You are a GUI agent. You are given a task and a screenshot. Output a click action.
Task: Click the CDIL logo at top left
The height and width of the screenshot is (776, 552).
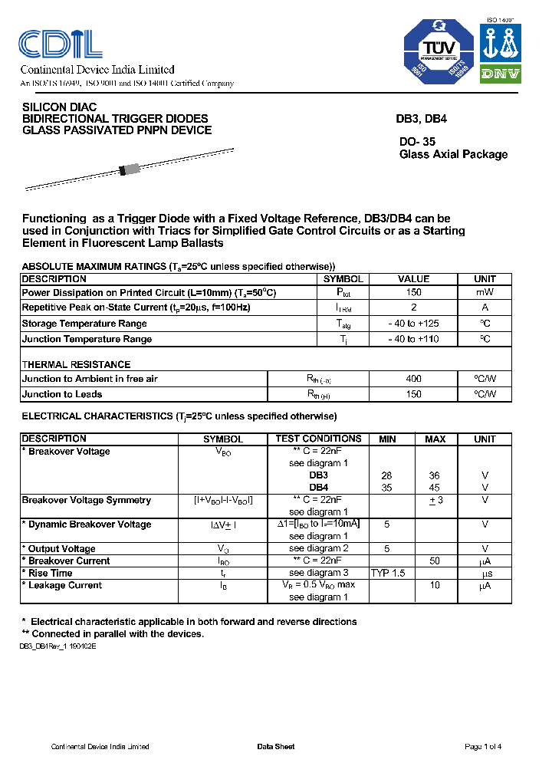pos(61,44)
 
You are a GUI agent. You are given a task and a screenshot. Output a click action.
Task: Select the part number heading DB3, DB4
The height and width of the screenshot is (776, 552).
pos(421,120)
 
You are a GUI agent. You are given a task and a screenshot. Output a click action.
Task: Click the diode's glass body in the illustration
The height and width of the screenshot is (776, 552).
pos(130,169)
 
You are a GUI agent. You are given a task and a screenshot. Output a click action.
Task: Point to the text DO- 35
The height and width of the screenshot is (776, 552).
pos(417,141)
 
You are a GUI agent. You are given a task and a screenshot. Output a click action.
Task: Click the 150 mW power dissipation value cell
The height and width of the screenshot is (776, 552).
pos(413,293)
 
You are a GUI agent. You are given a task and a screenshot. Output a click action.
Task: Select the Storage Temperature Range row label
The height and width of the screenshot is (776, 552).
pos(84,324)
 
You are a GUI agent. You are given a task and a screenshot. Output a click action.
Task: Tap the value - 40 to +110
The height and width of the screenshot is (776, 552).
pos(413,339)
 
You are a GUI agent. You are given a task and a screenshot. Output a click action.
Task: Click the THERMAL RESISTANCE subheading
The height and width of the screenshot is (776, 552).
pos(76,364)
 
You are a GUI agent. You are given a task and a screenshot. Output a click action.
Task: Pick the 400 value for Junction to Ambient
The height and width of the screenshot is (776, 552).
pos(413,379)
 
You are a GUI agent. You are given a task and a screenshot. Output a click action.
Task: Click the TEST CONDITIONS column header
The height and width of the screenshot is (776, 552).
pos(318,439)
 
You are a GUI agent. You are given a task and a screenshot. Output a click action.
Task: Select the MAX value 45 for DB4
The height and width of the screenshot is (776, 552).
pos(435,487)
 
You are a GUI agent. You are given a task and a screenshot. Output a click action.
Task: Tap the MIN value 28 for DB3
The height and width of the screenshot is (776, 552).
pos(387,475)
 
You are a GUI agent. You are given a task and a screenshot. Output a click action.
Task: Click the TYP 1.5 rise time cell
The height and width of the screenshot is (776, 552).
pos(388,573)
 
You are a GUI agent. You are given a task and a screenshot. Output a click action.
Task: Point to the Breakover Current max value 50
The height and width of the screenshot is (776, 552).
pos(435,561)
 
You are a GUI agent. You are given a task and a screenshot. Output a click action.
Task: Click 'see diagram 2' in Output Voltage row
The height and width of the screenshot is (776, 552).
pos(318,548)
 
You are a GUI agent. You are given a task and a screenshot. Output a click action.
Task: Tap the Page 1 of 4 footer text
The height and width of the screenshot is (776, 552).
pos(483,747)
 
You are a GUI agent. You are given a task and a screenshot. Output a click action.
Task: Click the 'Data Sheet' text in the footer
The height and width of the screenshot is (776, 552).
pos(275,747)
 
